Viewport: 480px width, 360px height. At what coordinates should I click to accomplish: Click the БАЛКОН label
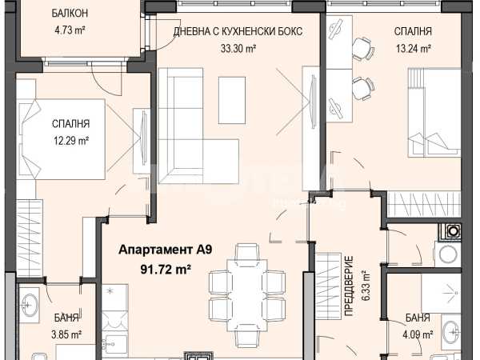(70, 13)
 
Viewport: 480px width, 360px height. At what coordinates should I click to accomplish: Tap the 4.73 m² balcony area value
(70, 30)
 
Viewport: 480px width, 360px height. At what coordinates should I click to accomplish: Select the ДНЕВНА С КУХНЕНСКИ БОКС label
(238, 31)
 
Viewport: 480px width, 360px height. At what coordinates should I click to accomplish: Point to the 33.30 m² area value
(238, 48)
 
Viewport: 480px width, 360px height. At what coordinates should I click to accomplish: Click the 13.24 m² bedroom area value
(414, 48)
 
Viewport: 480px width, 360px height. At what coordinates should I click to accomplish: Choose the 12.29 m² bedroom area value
(71, 141)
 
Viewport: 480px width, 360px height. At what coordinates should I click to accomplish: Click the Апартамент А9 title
(166, 250)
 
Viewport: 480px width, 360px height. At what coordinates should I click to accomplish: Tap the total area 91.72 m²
(166, 270)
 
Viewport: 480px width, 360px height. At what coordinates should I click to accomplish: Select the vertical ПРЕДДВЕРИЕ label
(349, 286)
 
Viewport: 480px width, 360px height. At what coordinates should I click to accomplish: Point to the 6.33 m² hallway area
(366, 286)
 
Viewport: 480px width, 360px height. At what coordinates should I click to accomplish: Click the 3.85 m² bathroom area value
(66, 334)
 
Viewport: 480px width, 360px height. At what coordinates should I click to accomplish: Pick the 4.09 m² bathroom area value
(418, 334)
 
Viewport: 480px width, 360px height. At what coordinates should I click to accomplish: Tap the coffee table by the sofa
(232, 101)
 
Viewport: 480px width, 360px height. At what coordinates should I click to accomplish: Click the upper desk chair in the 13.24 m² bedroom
(363, 48)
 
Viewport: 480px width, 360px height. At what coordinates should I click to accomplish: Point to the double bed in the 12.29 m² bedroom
(62, 139)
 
